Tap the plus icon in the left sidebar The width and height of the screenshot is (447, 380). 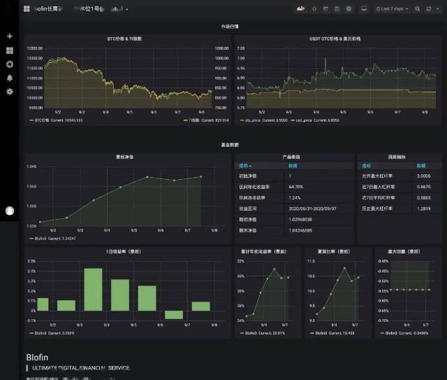coord(10,36)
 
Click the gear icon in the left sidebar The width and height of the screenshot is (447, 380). coord(10,92)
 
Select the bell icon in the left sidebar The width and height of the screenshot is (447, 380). coord(10,78)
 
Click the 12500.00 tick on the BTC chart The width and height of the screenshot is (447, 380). coord(35,48)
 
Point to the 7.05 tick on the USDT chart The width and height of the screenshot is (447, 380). coord(241,48)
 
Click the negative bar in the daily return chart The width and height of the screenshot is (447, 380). coord(174,315)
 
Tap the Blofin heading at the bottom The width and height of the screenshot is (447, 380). coord(37,357)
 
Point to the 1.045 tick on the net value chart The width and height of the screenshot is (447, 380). coord(31,167)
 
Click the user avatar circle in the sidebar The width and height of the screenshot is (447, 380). coord(10,211)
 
